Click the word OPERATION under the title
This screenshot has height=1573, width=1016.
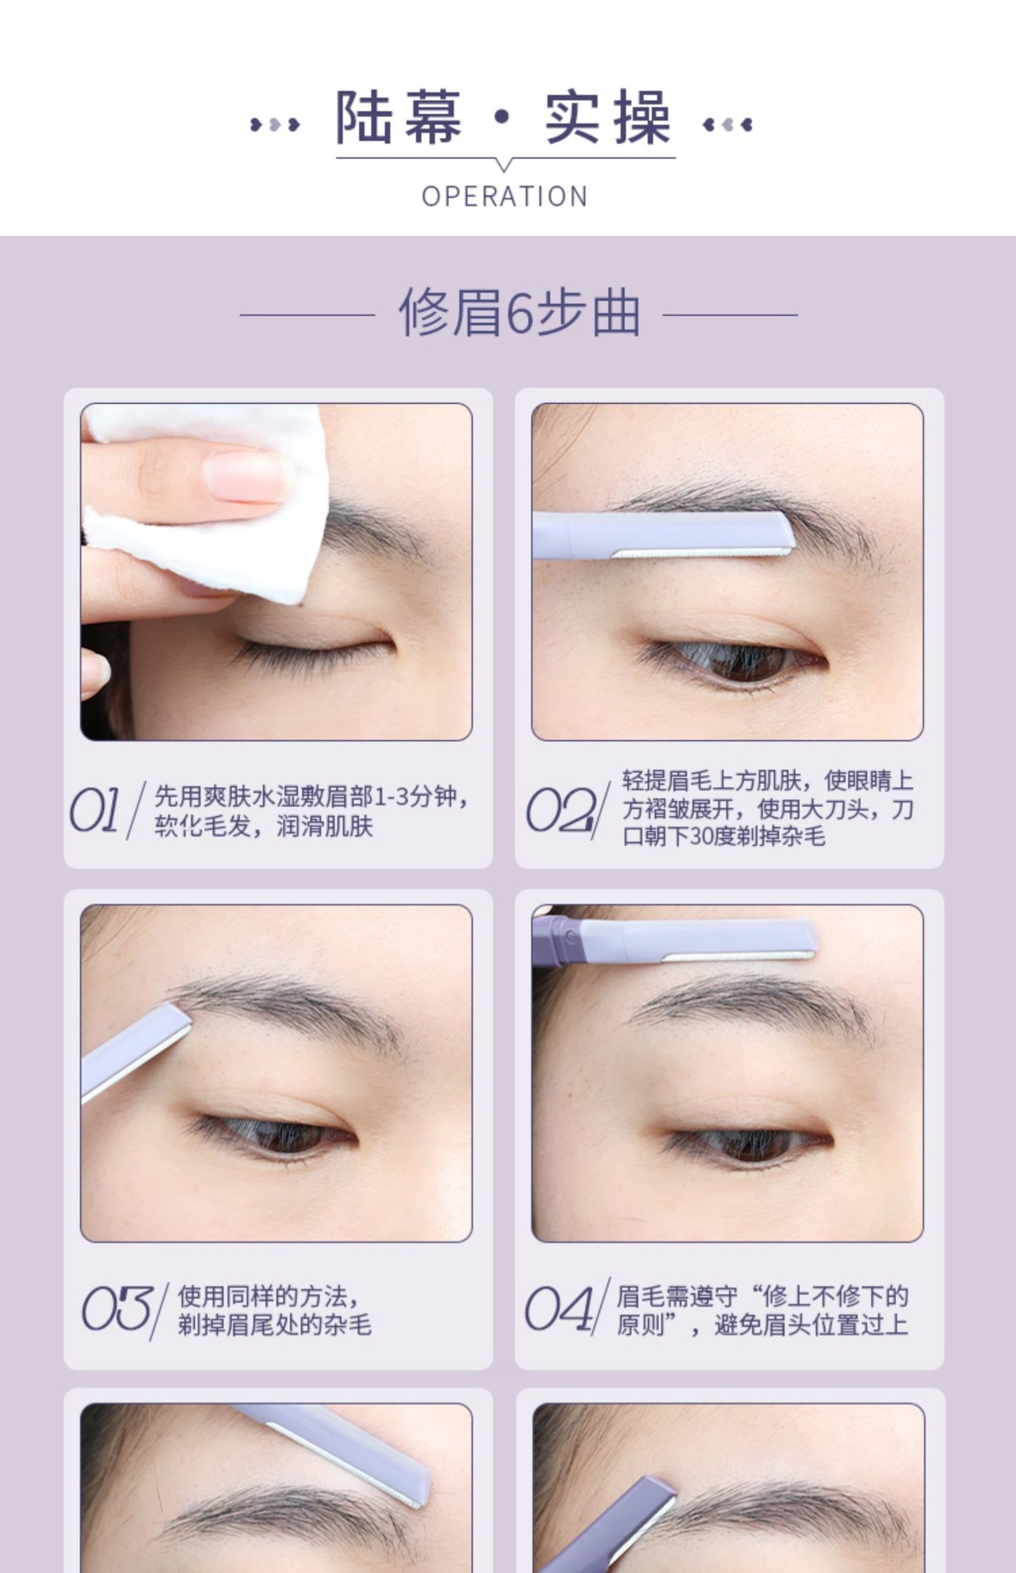point(505,197)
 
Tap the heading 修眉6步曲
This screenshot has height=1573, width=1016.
point(519,313)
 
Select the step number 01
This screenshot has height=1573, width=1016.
point(96,810)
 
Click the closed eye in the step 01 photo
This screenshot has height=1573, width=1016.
point(311,647)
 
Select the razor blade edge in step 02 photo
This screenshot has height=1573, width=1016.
point(701,552)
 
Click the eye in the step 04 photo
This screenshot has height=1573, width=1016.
point(746,1142)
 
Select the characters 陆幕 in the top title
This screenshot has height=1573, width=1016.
point(399,118)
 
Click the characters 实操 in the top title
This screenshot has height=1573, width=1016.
point(609,118)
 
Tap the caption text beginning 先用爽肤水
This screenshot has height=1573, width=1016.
point(311,810)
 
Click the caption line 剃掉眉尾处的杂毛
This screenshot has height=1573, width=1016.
point(275,1325)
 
